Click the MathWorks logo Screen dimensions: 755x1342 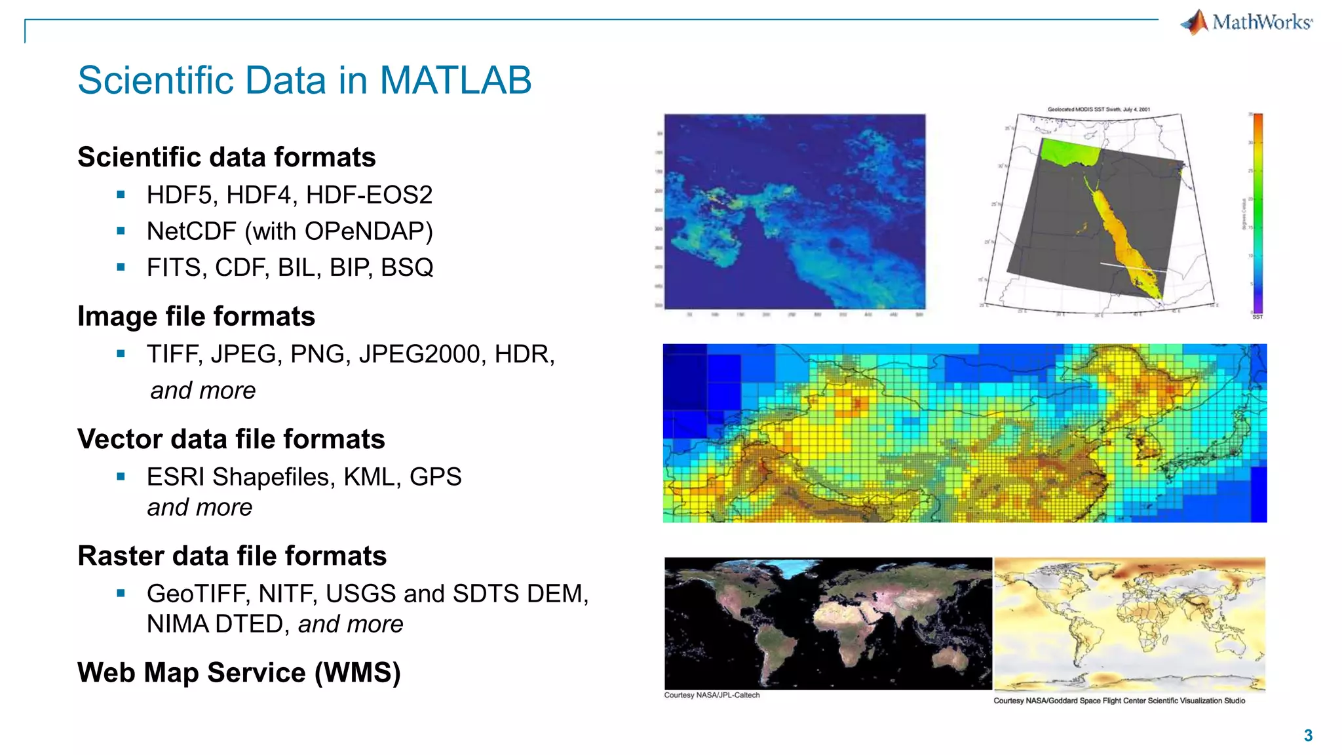click(1247, 22)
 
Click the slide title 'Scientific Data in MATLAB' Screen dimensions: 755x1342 click(304, 80)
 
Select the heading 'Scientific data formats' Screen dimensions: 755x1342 click(226, 157)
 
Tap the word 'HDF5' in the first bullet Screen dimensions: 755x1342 click(182, 195)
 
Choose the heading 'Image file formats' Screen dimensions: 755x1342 click(196, 317)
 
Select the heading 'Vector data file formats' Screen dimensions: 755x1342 click(231, 439)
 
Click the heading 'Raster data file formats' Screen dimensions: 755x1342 click(232, 556)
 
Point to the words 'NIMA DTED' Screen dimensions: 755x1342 click(214, 624)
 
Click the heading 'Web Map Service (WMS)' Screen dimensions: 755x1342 click(239, 673)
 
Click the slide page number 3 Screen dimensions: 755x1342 click(1308, 735)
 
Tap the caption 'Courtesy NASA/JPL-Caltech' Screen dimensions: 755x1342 click(712, 695)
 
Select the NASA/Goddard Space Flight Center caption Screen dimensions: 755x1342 click(1119, 701)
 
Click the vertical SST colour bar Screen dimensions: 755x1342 click(1257, 213)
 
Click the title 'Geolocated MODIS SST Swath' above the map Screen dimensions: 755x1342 click(1098, 109)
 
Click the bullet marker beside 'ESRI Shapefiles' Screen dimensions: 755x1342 click(121, 477)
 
